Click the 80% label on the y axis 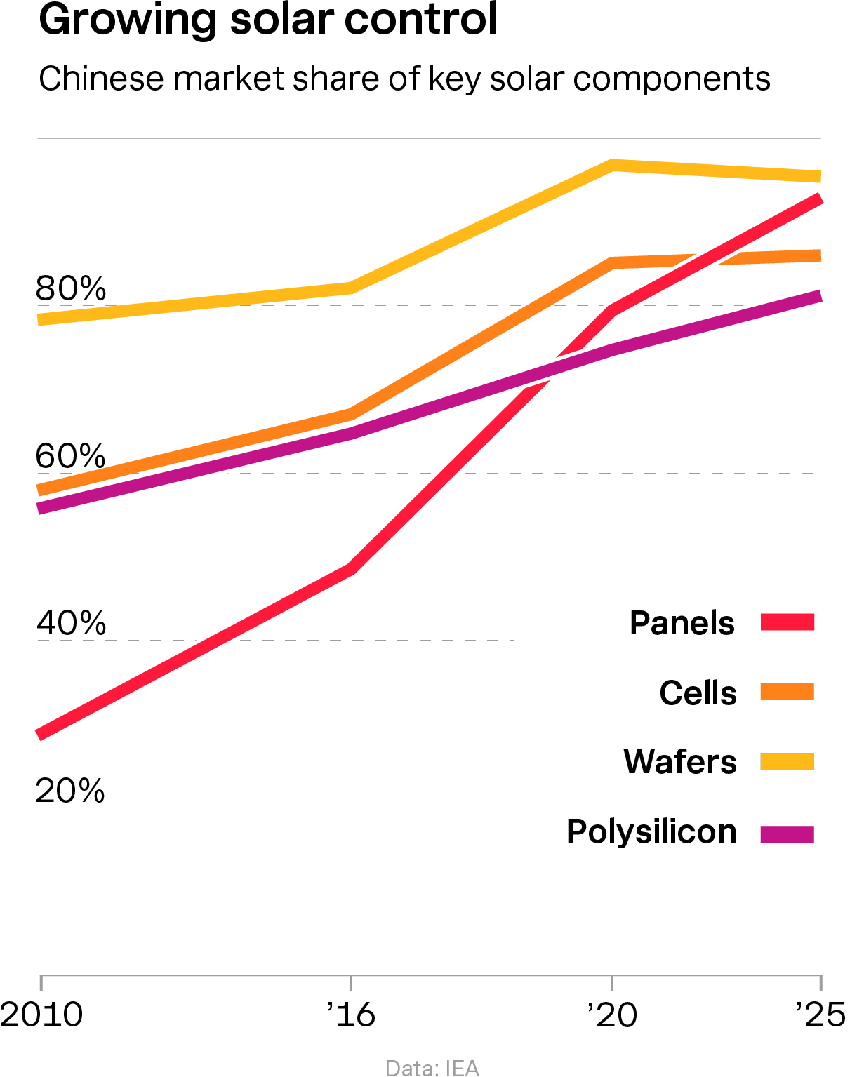click(x=71, y=288)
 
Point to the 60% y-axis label click(x=71, y=456)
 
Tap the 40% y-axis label click(x=71, y=623)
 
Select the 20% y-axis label click(x=71, y=791)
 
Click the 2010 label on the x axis click(x=41, y=1015)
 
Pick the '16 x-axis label click(x=350, y=1015)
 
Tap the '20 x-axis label click(x=612, y=1015)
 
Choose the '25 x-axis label click(x=820, y=1015)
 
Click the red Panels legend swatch click(x=787, y=622)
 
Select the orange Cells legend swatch click(x=787, y=693)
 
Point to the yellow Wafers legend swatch click(x=787, y=762)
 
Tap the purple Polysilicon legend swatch click(x=787, y=834)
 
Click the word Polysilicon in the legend click(x=651, y=833)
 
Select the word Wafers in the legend click(x=680, y=762)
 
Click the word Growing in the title click(x=127, y=20)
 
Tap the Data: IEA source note click(x=432, y=1068)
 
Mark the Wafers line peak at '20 click(x=612, y=166)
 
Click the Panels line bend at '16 click(x=351, y=568)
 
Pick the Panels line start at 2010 click(x=41, y=735)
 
